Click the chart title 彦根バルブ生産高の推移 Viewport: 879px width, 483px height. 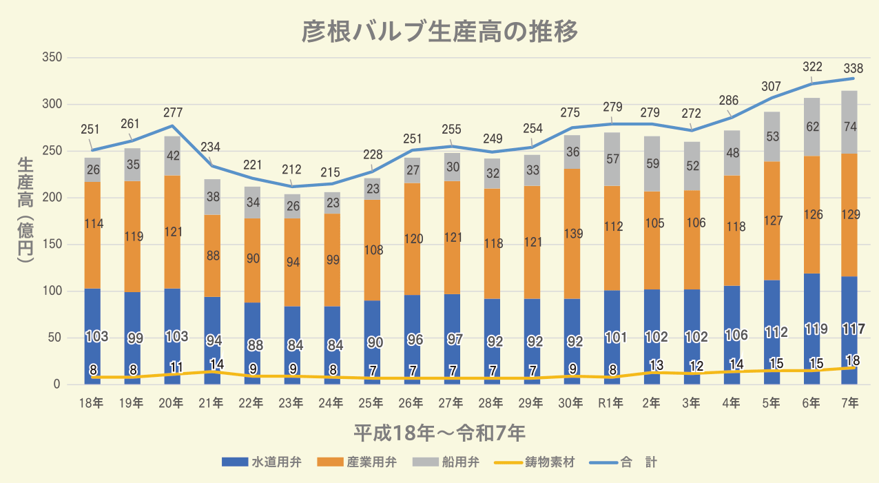pos(439,32)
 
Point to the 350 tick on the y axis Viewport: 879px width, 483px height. pos(52,57)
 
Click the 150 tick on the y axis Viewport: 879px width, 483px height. pos(52,245)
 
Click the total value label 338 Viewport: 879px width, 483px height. pos(853,68)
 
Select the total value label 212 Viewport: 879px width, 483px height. pos(291,169)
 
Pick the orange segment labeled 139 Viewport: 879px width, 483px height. pos(572,234)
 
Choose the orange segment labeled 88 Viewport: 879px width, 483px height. pos(212,256)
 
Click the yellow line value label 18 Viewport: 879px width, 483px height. pos(853,359)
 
